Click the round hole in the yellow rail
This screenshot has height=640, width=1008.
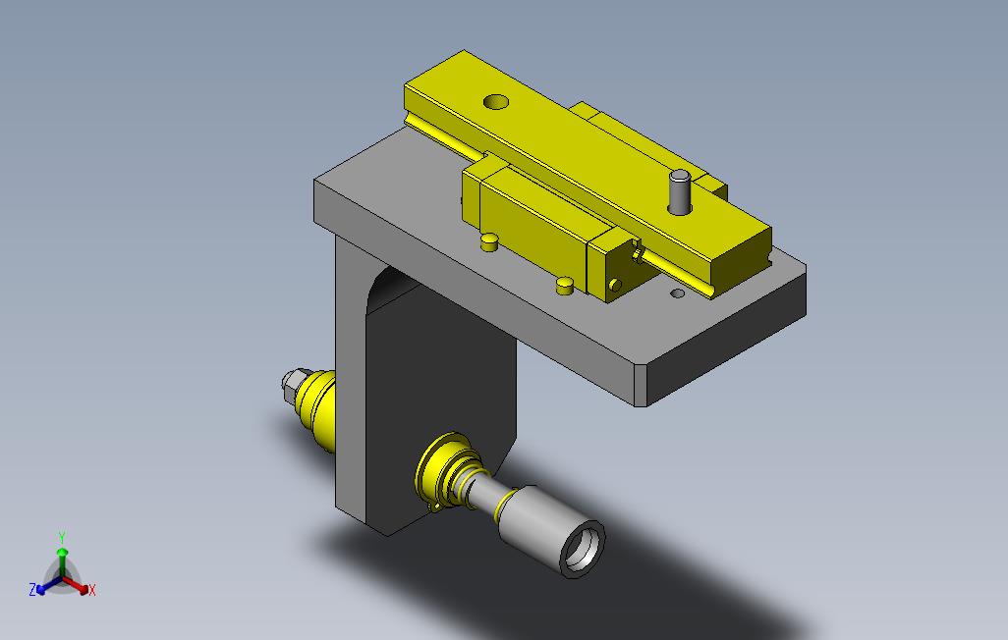495,101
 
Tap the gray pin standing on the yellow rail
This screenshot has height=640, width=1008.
679,191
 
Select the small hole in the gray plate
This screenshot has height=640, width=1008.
678,293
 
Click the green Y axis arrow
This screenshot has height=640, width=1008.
62,560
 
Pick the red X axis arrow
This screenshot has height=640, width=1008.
77,585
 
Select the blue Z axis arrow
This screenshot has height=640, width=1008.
49,585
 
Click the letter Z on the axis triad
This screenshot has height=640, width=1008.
32,589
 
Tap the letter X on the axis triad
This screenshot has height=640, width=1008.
92,590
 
